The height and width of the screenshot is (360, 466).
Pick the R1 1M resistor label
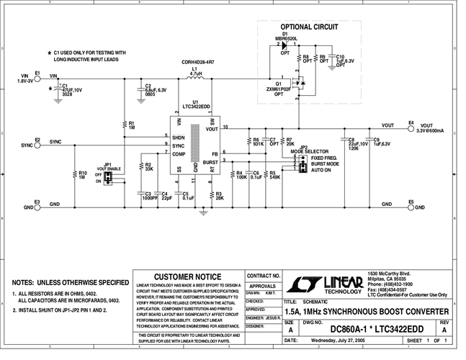[x=132, y=125]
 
